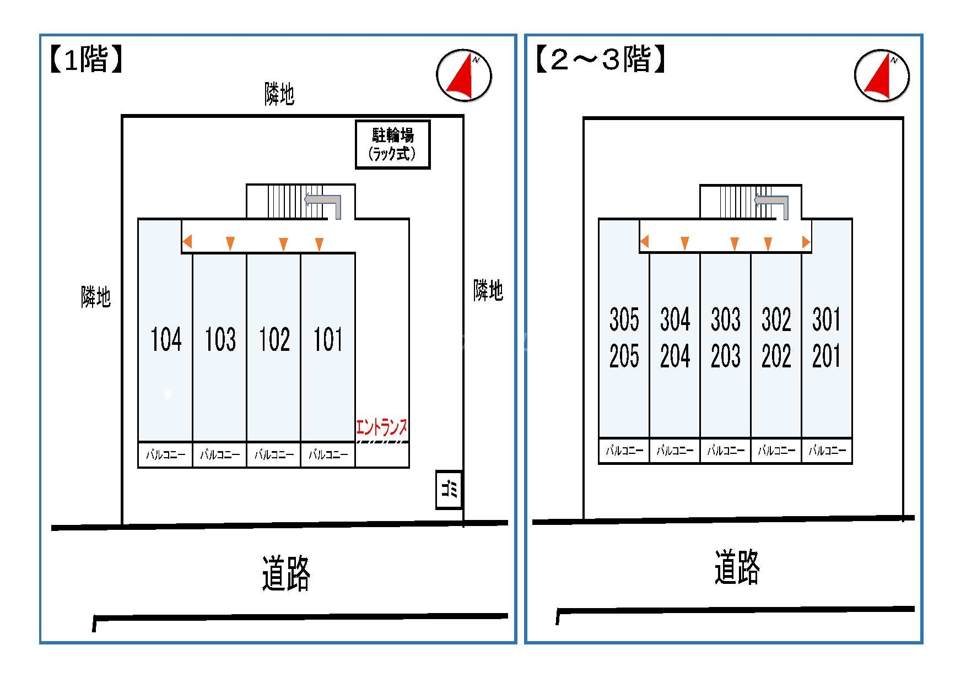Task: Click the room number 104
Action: pos(166,339)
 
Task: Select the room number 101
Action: pos(328,339)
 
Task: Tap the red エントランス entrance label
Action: pos(382,427)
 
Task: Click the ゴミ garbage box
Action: pos(449,489)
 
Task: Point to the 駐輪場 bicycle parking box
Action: pos(392,144)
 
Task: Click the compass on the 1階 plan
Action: pos(463,76)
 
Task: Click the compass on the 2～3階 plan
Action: pos(882,76)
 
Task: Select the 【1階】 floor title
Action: pos(85,59)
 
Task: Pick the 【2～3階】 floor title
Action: pos(600,59)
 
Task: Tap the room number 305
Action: pos(624,319)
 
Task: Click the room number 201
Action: pos(827,356)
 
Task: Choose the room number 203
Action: pos(725,356)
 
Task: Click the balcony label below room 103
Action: pos(220,455)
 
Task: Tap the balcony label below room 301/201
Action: pos(827,451)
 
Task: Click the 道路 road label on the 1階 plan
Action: pos(285,574)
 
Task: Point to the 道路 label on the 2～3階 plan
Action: pos(737,567)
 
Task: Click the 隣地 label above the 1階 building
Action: pos(279,94)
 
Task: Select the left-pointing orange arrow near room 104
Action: pos(187,241)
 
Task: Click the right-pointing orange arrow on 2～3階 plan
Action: pos(806,242)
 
